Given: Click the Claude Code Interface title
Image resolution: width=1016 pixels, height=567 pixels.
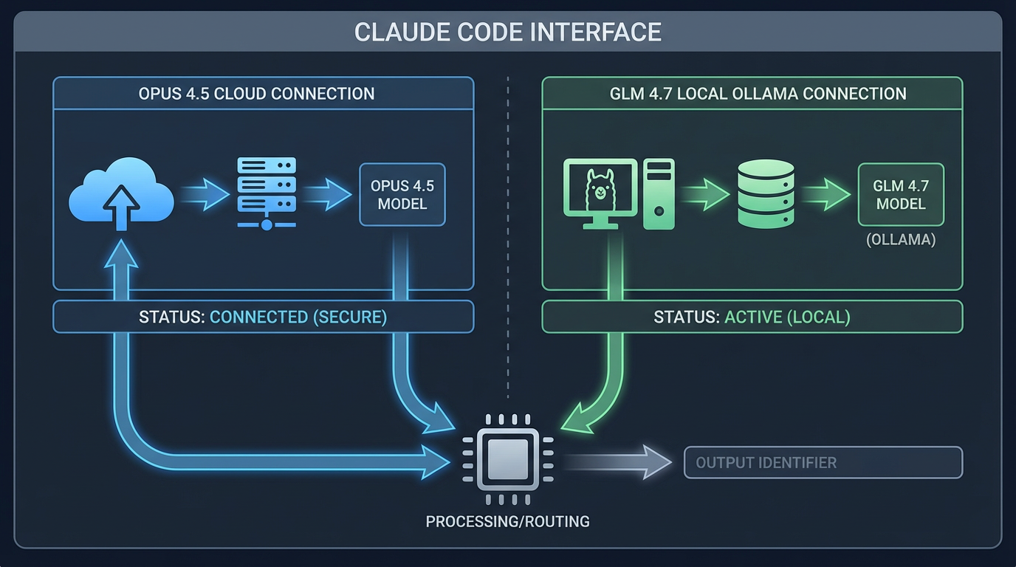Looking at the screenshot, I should pos(507,32).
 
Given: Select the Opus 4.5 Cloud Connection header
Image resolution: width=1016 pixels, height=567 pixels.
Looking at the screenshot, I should pos(256,94).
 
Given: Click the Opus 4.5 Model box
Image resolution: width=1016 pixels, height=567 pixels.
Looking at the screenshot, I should pos(402,194).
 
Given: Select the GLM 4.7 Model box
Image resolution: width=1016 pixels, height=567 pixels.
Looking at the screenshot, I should pos(901,194).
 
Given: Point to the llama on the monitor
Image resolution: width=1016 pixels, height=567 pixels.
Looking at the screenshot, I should pos(600,189).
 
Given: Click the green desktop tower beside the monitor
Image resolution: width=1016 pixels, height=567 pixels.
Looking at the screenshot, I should pos(659,193).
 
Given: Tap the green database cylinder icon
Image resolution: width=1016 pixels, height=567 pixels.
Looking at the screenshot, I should pos(766,194).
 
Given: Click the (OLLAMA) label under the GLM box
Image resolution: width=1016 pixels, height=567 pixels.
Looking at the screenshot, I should pos(901,240).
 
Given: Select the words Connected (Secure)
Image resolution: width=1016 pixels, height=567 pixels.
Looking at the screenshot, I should pos(298,317).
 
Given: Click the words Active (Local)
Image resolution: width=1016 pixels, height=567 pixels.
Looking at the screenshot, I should pos(787,317).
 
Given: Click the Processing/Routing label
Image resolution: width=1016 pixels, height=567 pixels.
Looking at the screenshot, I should pos(507,521).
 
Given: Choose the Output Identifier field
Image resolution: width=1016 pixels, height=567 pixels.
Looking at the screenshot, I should pos(823,463).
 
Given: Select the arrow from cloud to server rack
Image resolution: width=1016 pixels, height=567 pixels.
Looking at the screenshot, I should pos(205,195).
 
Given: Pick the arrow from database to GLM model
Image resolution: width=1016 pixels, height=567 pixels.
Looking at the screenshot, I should pos(825,195).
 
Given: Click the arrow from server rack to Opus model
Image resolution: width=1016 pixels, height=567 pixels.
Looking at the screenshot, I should pos(326,195).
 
